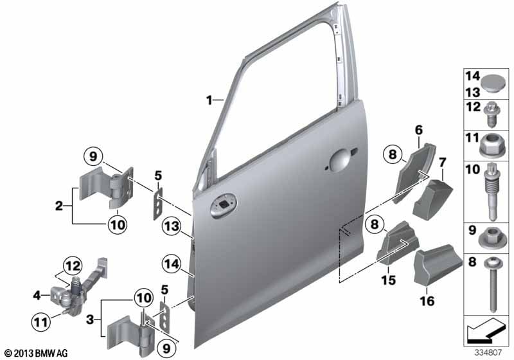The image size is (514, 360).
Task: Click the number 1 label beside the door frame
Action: [209, 100]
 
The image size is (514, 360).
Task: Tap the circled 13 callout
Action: [172, 226]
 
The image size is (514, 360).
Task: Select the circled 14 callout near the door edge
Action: [172, 264]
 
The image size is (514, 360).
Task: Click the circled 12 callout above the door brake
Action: [73, 265]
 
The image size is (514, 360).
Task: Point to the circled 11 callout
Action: [41, 321]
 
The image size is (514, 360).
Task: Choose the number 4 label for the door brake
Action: [37, 296]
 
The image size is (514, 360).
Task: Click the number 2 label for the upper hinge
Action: [59, 206]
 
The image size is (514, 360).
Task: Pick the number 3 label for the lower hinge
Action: [90, 319]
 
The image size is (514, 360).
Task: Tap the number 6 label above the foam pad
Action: [419, 130]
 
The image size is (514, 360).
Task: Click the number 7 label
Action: [442, 162]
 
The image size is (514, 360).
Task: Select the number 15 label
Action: [389, 280]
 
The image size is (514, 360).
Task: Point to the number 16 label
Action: [427, 301]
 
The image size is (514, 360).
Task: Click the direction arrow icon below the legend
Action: [484, 329]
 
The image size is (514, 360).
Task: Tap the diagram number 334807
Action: [488, 352]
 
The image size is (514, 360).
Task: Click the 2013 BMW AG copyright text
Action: [37, 353]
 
